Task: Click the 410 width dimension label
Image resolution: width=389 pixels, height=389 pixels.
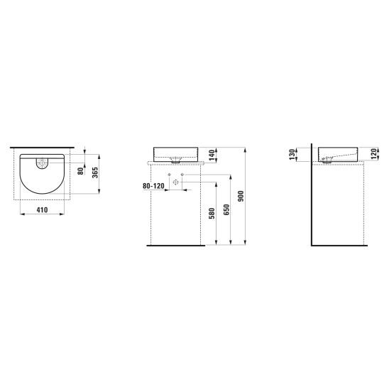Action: click(42, 210)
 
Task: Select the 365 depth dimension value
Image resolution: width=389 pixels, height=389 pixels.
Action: click(95, 172)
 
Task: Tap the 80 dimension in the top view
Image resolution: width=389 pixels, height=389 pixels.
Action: click(81, 170)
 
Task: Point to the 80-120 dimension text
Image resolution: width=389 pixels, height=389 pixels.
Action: click(153, 186)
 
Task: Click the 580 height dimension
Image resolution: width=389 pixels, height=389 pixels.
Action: click(212, 214)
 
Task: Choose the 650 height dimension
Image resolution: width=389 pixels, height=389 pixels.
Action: click(226, 209)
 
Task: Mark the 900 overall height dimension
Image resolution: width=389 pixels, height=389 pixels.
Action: click(241, 196)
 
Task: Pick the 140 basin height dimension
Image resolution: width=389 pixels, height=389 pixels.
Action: click(212, 155)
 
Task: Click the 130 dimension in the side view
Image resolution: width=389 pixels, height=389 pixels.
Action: click(292, 154)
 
